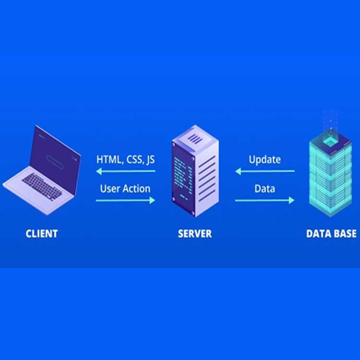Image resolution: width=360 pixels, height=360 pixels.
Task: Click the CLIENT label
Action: point(42,234)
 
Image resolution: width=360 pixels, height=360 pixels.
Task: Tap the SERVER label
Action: point(194,234)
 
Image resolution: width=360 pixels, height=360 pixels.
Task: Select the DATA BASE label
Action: point(331,234)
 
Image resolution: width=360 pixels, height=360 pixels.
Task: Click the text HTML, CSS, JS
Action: point(125,159)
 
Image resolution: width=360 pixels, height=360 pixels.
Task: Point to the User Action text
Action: point(125,188)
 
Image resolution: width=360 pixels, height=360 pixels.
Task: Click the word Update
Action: point(264,159)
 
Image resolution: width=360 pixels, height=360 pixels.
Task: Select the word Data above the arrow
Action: point(264,188)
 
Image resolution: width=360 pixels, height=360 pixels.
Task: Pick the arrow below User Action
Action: point(125,200)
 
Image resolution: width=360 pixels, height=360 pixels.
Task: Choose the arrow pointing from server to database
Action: point(264,200)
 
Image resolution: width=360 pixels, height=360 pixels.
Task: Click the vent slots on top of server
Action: point(194,139)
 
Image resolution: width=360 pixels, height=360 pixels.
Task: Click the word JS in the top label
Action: point(150,159)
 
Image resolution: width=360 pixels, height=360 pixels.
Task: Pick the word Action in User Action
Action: point(135,188)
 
